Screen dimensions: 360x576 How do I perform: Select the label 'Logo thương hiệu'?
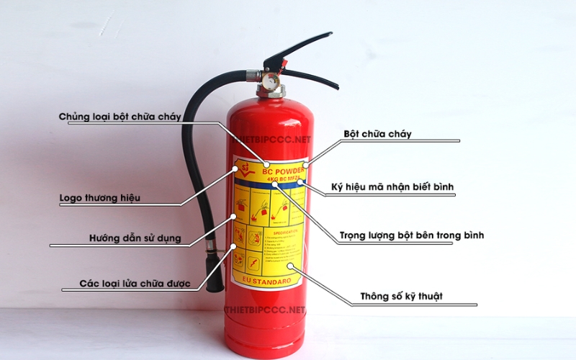point(100,197)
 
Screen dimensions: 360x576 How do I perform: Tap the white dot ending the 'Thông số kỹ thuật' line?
point(298,269)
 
